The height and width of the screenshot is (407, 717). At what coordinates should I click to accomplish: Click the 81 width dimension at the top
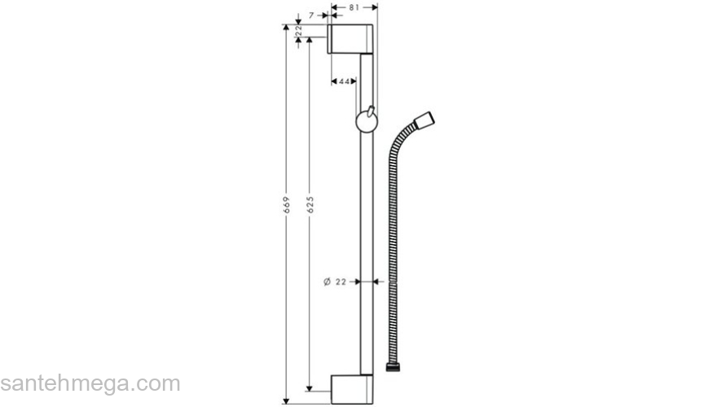tap(354, 7)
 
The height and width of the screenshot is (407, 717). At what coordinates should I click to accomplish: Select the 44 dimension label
tap(345, 81)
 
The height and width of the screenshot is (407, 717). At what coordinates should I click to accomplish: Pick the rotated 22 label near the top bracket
tap(298, 30)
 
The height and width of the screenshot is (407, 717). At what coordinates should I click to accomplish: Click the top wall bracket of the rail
tap(351, 39)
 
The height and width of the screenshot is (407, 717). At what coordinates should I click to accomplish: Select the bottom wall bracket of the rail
tap(352, 389)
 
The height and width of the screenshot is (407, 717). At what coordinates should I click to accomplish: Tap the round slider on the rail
tap(367, 123)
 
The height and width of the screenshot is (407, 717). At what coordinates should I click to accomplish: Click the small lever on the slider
tap(371, 111)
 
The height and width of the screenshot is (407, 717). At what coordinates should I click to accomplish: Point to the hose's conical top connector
tap(424, 123)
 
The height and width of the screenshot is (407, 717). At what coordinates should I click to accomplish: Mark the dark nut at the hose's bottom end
tap(393, 369)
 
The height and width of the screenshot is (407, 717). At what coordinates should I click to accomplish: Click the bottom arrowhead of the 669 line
tap(286, 400)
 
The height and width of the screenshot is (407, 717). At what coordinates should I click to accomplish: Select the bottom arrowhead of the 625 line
tap(310, 387)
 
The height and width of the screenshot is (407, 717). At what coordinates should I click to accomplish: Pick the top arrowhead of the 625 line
tap(310, 41)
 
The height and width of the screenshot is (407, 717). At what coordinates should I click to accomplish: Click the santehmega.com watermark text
tap(90, 383)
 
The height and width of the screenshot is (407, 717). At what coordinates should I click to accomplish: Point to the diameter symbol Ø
tap(327, 282)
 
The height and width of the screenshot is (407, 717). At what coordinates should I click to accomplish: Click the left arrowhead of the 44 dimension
tap(334, 81)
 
